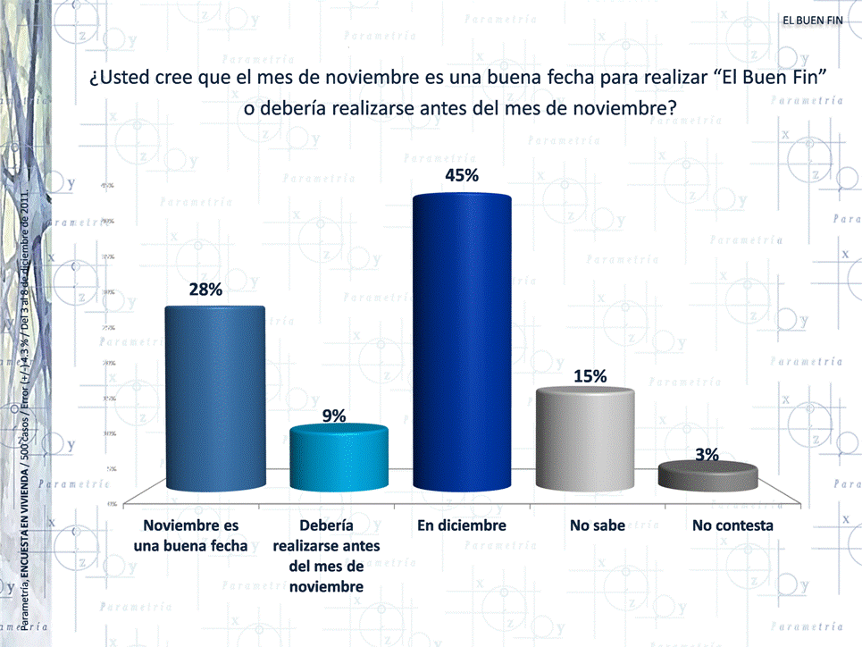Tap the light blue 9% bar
(x=339, y=460)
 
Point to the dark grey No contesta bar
(x=707, y=476)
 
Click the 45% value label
(x=462, y=175)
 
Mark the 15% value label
(x=590, y=376)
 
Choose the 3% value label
(x=707, y=454)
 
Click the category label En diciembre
(x=462, y=525)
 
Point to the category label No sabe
(x=597, y=525)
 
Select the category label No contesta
(x=732, y=525)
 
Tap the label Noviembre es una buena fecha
(x=191, y=534)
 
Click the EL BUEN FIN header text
(x=812, y=21)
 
